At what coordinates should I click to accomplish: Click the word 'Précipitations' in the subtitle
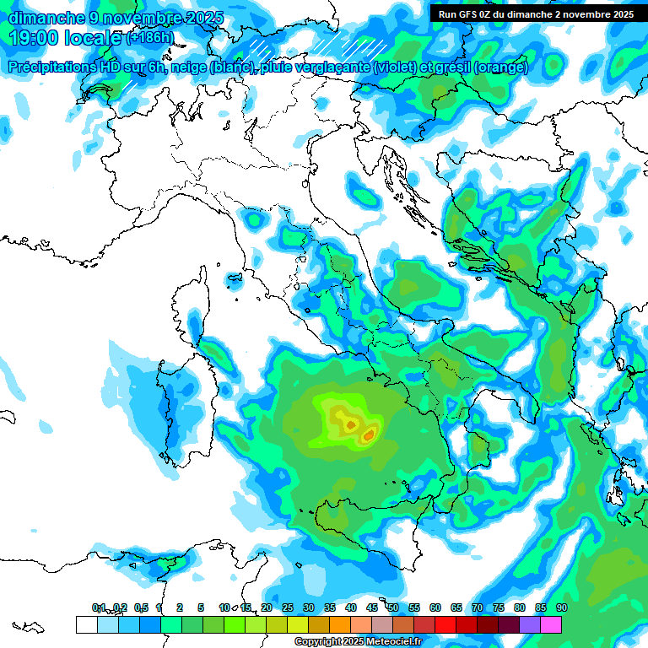point(51,67)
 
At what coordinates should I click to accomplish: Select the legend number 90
point(561,607)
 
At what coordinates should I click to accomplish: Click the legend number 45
point(371,607)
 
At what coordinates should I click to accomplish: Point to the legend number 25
point(287,607)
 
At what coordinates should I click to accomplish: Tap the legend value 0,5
point(140,607)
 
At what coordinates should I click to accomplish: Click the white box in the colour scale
point(86,624)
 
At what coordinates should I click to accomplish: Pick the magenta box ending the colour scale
point(551,624)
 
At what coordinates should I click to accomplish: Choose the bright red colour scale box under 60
point(445,624)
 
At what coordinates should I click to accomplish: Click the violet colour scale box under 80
point(530,624)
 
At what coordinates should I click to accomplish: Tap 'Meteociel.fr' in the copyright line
point(390,642)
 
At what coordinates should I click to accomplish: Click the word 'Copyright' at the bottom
point(319,642)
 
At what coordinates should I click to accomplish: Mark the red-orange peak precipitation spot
point(369,435)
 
